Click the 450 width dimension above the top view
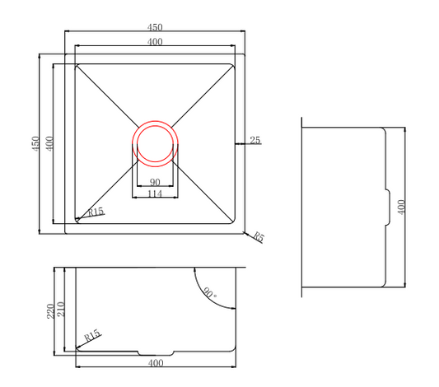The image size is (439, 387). click(155, 27)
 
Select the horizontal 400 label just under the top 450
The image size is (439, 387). click(155, 42)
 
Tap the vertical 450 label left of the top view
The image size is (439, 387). click(35, 144)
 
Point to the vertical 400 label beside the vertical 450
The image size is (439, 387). click(49, 143)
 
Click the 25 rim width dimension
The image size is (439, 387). click(255, 140)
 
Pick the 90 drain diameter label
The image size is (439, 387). click(155, 183)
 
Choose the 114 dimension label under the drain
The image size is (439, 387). click(155, 193)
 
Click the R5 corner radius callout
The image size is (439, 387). click(259, 237)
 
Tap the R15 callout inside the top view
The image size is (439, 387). click(96, 212)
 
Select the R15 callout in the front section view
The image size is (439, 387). click(92, 335)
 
